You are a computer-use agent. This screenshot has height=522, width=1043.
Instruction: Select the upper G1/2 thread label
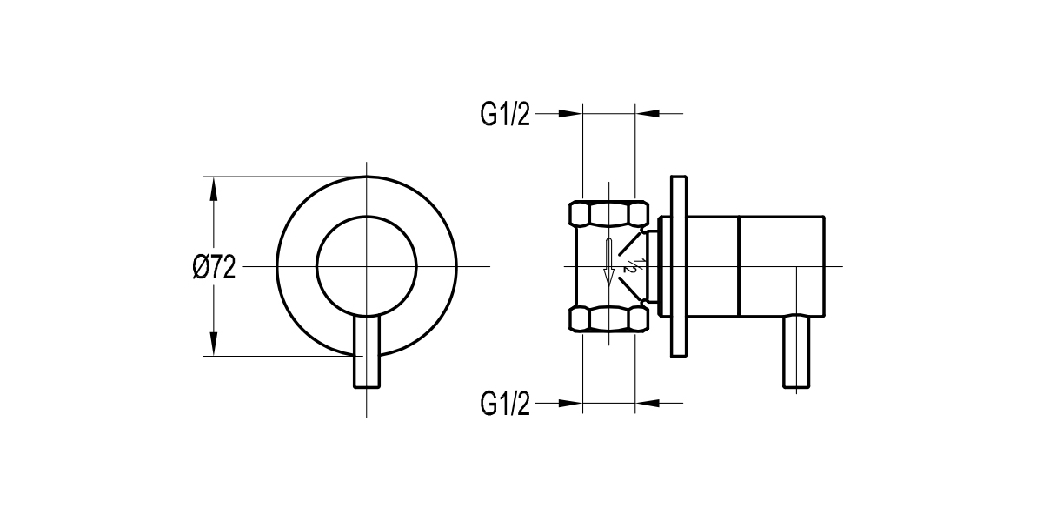coord(504,114)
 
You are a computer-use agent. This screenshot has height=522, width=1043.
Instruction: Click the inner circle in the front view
coord(367,265)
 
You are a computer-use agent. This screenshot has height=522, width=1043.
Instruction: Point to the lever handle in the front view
coord(368,357)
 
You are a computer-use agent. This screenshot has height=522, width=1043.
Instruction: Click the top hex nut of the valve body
coord(608,214)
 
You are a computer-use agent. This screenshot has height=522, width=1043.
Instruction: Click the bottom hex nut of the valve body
coord(608,318)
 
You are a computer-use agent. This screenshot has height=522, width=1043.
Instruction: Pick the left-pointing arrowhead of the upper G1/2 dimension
coord(647,114)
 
